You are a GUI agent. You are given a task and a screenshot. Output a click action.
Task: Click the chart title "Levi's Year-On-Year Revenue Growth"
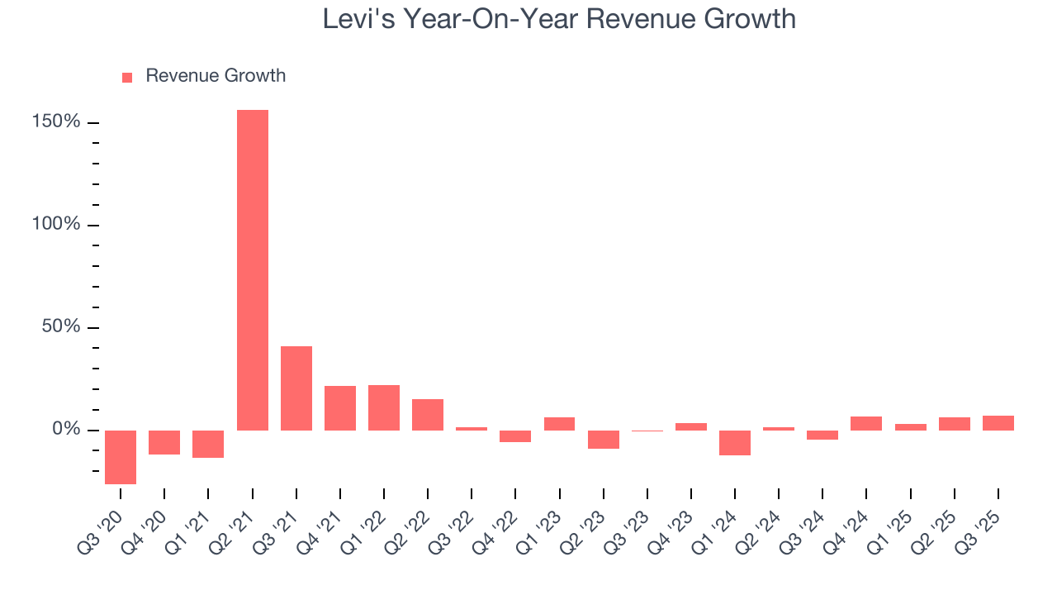[x=559, y=19]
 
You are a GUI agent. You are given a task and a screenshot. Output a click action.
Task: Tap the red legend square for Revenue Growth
[x=127, y=77]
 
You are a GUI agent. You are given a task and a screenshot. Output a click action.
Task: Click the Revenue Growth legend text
[x=216, y=76]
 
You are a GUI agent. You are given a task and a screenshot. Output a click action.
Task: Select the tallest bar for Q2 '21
[x=253, y=269]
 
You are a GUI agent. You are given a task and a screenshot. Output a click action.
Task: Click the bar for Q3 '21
[x=296, y=388]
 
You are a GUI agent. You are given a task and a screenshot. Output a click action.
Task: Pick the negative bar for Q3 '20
[x=121, y=457]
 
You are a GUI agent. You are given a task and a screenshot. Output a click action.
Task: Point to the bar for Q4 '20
[x=164, y=442]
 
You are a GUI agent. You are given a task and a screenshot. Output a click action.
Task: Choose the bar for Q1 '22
[x=384, y=407]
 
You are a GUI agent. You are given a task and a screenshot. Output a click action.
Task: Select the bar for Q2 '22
[x=428, y=414]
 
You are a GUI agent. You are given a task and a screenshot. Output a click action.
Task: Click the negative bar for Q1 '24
[x=735, y=442]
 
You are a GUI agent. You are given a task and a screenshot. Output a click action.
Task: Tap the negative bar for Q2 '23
[x=603, y=439]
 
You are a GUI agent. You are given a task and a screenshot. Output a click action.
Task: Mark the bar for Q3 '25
[x=998, y=422]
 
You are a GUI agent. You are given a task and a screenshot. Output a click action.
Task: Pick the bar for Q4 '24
[x=866, y=423]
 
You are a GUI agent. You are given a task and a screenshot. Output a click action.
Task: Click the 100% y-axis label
[x=57, y=225]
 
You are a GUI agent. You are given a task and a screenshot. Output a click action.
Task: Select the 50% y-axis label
[x=61, y=327]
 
